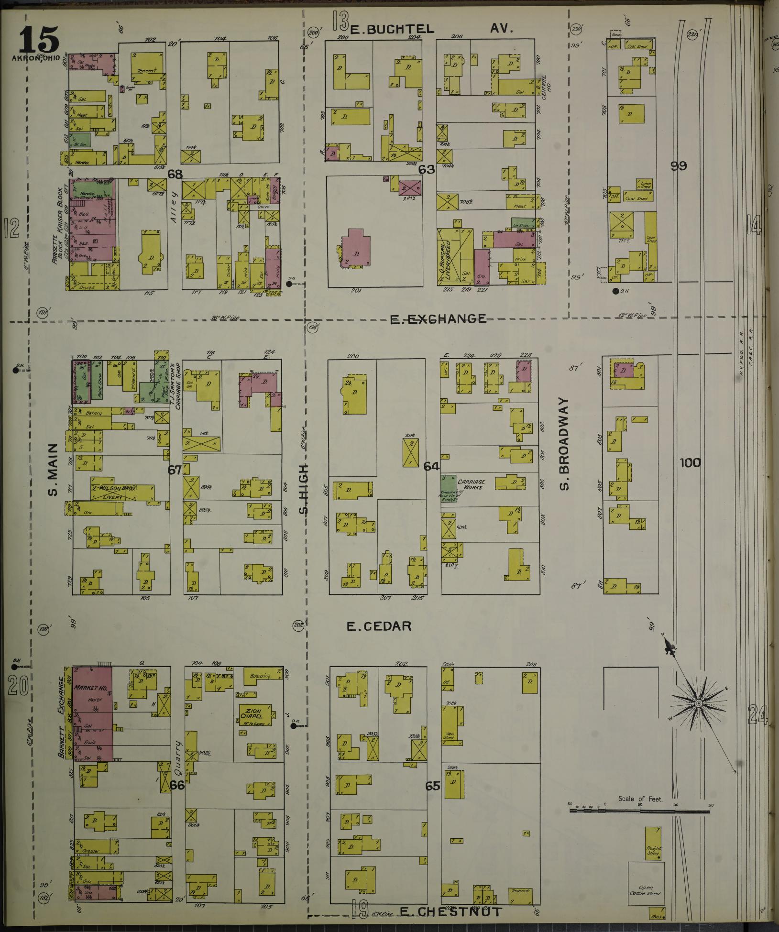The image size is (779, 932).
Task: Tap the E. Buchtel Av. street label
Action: (432, 29)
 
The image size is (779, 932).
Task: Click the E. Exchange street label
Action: (439, 319)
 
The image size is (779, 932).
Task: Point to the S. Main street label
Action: (53, 469)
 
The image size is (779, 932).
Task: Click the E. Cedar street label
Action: (379, 626)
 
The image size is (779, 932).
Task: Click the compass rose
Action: (698, 704)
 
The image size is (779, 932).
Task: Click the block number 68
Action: (174, 174)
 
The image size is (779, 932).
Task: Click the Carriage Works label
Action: (472, 484)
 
